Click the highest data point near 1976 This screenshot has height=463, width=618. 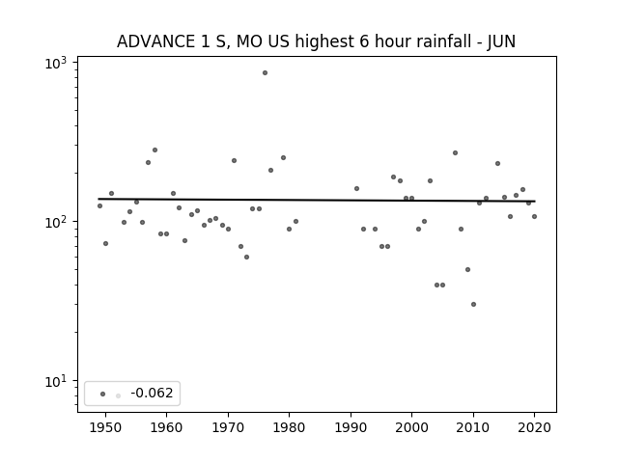coord(265,73)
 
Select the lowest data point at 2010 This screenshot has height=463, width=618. coord(473,305)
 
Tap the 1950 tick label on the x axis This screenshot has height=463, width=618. coord(105,427)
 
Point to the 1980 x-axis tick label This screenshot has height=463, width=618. coord(289,427)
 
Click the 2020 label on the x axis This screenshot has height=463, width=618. coord(534,427)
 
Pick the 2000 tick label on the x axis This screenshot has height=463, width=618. coord(411,427)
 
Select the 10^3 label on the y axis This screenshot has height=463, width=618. coord(56,63)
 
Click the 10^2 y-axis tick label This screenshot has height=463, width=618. coord(56,222)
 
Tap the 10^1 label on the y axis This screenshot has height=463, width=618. coord(56,381)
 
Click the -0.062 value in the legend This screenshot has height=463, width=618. coord(152,393)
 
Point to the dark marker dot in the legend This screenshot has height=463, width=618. coord(103,394)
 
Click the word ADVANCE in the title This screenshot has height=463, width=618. coord(156,41)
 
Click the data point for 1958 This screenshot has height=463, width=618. coord(154,150)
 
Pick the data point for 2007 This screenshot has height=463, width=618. coord(455,152)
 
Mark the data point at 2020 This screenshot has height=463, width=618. coord(534,216)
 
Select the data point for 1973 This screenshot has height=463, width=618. coord(247,258)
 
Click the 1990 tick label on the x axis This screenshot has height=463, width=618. coord(351,427)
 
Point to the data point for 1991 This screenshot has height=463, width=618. coord(356,189)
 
